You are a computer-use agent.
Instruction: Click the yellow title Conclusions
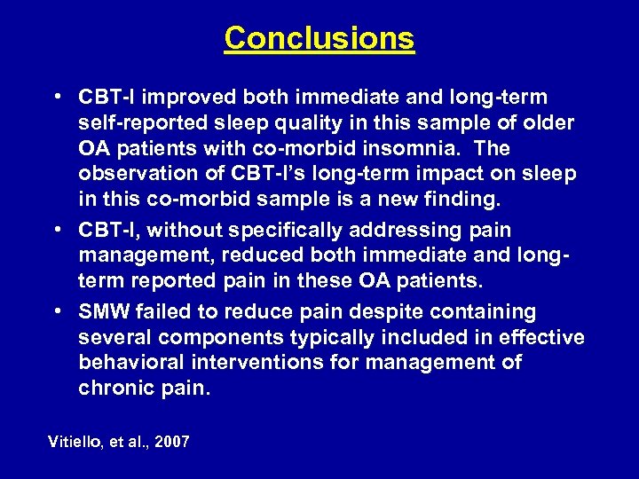pos(319,38)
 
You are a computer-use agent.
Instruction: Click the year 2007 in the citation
pos(171,441)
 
